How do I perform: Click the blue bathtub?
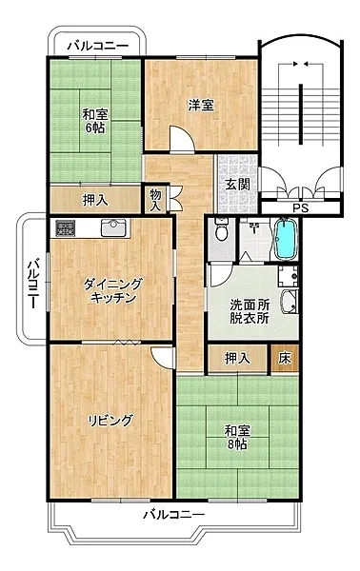click(x=286, y=239)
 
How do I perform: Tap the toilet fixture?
click(x=221, y=229)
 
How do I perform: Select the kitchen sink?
click(x=113, y=227)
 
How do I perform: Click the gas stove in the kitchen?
click(x=65, y=227)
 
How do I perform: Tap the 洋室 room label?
click(x=201, y=106)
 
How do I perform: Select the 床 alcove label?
click(x=285, y=359)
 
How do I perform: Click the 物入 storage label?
click(x=155, y=200)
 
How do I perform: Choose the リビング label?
click(x=110, y=421)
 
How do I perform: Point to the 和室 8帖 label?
click(x=237, y=438)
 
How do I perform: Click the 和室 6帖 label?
click(x=94, y=121)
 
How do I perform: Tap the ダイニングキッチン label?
click(x=112, y=290)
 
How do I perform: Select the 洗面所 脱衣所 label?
click(x=250, y=311)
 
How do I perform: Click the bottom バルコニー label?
click(x=173, y=515)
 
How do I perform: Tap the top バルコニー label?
click(x=99, y=46)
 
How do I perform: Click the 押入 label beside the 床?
click(x=237, y=359)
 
